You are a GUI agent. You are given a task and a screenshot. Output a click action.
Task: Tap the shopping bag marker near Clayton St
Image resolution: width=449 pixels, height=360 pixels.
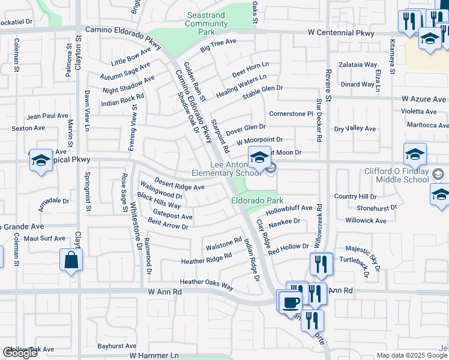(71, 260)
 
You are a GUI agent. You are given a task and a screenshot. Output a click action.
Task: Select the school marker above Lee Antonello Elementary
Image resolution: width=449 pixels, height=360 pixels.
(259, 158)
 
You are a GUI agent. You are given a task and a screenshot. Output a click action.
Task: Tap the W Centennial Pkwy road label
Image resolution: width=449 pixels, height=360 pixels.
(345, 31)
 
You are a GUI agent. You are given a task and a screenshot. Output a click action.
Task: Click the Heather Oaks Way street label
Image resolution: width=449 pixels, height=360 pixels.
(206, 284)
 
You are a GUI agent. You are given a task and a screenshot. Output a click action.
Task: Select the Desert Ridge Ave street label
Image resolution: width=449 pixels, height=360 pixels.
(179, 184)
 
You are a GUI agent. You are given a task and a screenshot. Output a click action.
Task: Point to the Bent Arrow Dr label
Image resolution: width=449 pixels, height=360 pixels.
(168, 224)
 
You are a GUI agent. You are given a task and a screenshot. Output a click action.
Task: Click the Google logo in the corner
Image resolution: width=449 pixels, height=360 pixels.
(20, 353)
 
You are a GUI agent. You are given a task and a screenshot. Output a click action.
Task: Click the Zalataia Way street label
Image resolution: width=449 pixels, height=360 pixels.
(358, 65)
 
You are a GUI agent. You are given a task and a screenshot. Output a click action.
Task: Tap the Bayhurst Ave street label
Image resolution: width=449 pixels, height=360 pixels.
(117, 346)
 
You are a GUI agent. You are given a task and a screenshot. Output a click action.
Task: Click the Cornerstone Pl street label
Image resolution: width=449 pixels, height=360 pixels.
(291, 113)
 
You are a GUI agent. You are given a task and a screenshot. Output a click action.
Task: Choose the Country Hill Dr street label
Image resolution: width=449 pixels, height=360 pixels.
(355, 196)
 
